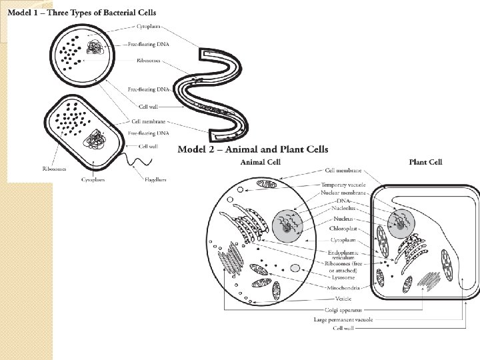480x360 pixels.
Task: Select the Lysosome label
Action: [x=343, y=277]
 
